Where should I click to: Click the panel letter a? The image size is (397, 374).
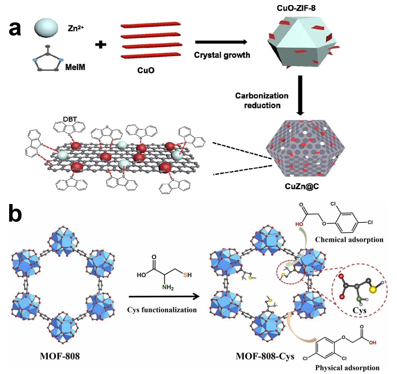click(x=15, y=28)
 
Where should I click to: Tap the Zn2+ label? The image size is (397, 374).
click(x=76, y=28)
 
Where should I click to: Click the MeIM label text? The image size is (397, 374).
click(x=75, y=67)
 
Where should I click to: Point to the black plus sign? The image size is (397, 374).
click(x=101, y=45)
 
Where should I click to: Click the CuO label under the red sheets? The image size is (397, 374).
click(x=146, y=70)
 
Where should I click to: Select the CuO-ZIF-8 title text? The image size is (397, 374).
click(x=296, y=8)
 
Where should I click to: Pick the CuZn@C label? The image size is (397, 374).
click(x=302, y=186)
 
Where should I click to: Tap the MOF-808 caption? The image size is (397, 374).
click(x=60, y=356)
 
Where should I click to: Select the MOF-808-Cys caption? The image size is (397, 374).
click(x=265, y=356)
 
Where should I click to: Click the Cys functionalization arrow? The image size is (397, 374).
click(x=164, y=296)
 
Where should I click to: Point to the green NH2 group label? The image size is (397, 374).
click(x=168, y=288)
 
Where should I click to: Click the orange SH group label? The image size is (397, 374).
click(x=187, y=275)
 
